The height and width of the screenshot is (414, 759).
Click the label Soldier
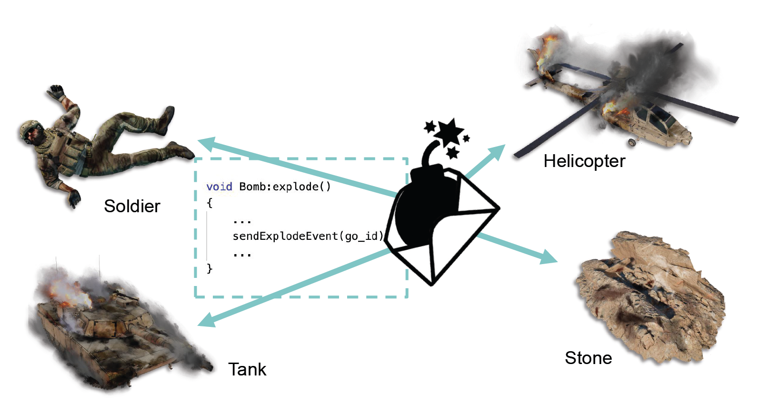[132, 206]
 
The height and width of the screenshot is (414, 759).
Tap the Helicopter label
[584, 161]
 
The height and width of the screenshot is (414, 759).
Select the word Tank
[247, 369]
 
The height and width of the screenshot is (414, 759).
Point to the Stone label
[588, 358]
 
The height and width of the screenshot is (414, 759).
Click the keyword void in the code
[219, 187]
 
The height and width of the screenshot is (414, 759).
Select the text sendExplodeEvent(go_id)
[308, 236]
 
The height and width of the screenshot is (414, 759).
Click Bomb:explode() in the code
[285, 187]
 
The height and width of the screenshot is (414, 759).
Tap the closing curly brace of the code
[210, 268]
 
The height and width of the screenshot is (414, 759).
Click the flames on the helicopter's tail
[547, 52]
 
